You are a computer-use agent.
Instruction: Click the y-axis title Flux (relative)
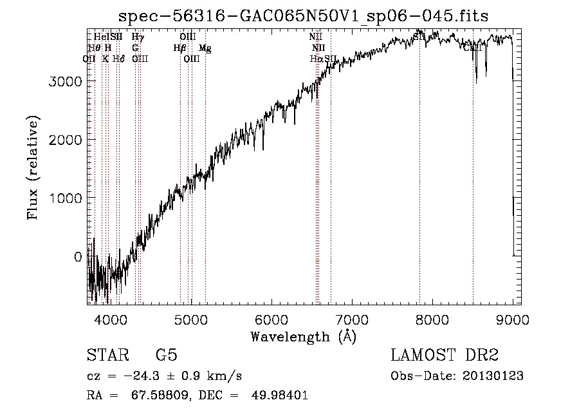pyautogui.click(x=33, y=167)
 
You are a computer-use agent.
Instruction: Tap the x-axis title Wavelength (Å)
pyautogui.click(x=303, y=336)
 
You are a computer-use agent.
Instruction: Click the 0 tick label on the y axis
pyautogui.click(x=77, y=257)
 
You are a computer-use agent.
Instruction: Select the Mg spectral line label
pyautogui.click(x=205, y=48)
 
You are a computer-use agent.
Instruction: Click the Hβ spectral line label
pyautogui.click(x=179, y=48)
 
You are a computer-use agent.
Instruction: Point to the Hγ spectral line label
pyautogui.click(x=137, y=38)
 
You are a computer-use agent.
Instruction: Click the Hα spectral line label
pyautogui.click(x=316, y=59)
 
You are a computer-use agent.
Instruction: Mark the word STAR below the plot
pyautogui.click(x=106, y=356)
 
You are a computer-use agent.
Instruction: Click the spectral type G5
pyautogui.click(x=166, y=356)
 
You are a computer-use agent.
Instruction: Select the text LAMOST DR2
pyautogui.click(x=445, y=356)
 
